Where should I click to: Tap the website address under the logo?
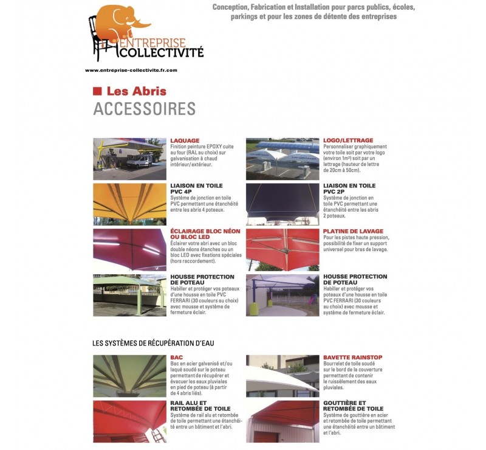click(x=131, y=70)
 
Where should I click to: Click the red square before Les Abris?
click(x=96, y=91)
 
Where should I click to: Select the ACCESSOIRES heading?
click(x=144, y=109)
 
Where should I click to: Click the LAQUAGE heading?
click(x=185, y=140)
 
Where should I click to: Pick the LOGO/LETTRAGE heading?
click(x=348, y=140)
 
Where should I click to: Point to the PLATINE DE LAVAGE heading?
click(x=353, y=232)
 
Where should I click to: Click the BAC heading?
click(x=177, y=358)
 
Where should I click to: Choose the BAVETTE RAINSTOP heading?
click(x=352, y=358)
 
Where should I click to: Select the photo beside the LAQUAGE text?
click(x=129, y=159)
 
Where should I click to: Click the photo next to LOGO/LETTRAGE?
click(x=282, y=159)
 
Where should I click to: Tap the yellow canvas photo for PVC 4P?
click(x=129, y=204)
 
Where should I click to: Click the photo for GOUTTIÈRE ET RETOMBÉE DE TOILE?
click(x=282, y=421)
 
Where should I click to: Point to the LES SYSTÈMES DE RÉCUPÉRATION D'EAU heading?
click(x=153, y=344)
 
